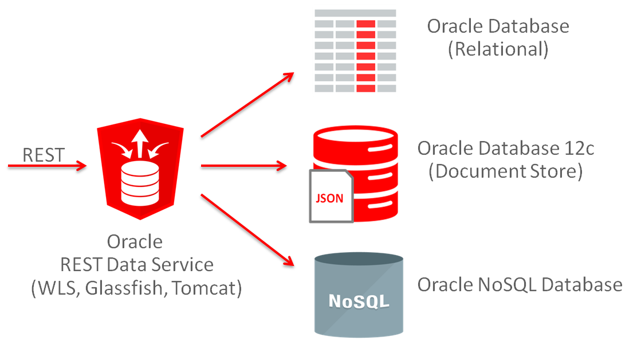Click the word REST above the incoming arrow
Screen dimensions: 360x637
click(x=44, y=155)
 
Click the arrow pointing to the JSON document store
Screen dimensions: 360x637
click(x=243, y=167)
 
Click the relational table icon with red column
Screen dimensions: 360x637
click(x=355, y=50)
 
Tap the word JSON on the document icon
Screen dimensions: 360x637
click(x=330, y=199)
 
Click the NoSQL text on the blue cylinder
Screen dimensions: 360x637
click(x=359, y=300)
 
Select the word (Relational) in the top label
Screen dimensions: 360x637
click(x=498, y=49)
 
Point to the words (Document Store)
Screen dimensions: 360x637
click(x=505, y=171)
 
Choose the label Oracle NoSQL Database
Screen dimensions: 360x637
click(x=520, y=285)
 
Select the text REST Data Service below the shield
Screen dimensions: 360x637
click(x=137, y=264)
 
